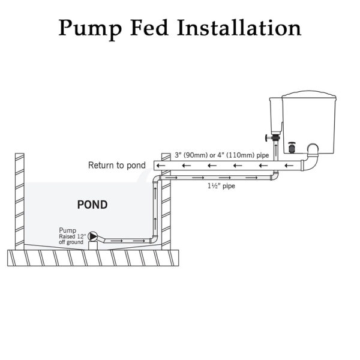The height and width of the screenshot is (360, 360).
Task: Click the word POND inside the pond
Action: [x=92, y=205]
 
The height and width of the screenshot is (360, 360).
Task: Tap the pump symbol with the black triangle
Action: [x=93, y=236]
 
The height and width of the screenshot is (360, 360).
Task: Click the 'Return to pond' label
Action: [x=117, y=166]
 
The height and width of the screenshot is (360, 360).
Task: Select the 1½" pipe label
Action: [x=221, y=186]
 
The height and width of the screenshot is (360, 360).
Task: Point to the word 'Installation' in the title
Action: [x=239, y=28]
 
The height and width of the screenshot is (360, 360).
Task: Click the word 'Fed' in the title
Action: [x=149, y=28]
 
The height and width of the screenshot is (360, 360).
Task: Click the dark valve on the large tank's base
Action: [x=292, y=148]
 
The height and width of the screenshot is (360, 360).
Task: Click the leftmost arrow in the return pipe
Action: [x=161, y=166]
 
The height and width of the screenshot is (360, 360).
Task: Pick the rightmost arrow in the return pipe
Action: [x=289, y=166]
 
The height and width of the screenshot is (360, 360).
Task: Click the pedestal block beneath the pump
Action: [x=93, y=245]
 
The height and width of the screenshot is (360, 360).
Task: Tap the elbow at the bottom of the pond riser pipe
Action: [x=154, y=239]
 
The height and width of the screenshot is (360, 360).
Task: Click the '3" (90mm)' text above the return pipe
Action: [x=191, y=155]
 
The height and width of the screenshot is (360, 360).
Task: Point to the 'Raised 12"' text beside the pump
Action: [x=73, y=236]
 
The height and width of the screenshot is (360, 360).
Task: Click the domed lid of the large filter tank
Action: [x=309, y=95]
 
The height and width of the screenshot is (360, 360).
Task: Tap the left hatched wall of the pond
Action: [x=20, y=202]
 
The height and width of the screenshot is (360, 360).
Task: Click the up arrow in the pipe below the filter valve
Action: [x=276, y=148]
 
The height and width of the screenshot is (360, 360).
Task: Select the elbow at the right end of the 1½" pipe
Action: [x=275, y=176]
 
